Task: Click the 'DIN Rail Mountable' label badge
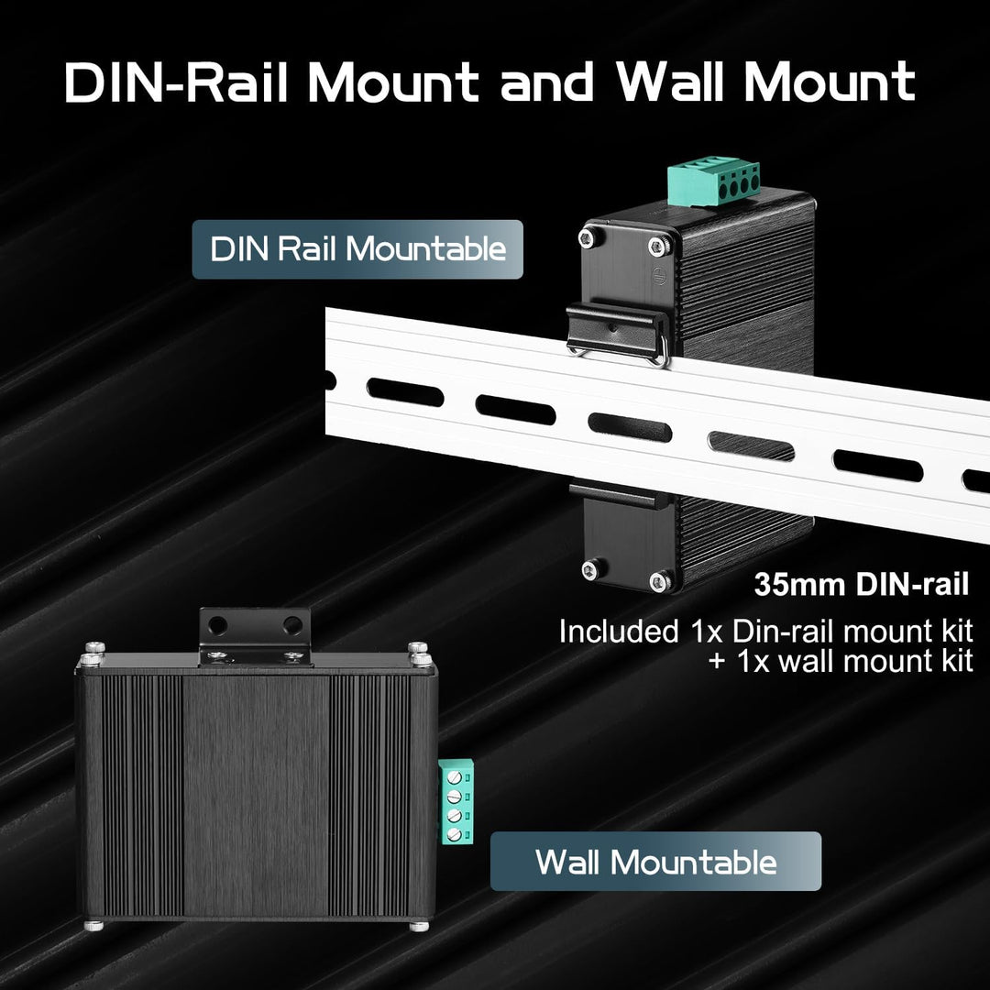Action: [x=357, y=249]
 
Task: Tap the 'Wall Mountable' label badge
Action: [x=655, y=861]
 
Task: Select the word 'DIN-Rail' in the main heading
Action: [x=176, y=82]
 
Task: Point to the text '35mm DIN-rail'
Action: [x=861, y=585]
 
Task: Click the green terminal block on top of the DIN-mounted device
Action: [x=714, y=181]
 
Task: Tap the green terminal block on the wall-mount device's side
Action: [x=456, y=801]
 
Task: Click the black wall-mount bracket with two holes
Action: [x=256, y=636]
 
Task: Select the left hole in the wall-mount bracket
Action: [x=218, y=626]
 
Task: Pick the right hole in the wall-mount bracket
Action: [x=292, y=625]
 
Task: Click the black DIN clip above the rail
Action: [x=618, y=333]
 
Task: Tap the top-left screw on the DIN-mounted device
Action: [x=589, y=238]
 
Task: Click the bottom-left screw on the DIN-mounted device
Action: [x=591, y=570]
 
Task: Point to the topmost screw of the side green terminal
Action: [x=454, y=777]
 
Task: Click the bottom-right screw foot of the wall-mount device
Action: [x=419, y=926]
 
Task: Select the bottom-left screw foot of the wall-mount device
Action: [x=94, y=926]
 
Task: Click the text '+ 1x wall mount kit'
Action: [x=841, y=661]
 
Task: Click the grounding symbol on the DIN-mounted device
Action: [x=659, y=276]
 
